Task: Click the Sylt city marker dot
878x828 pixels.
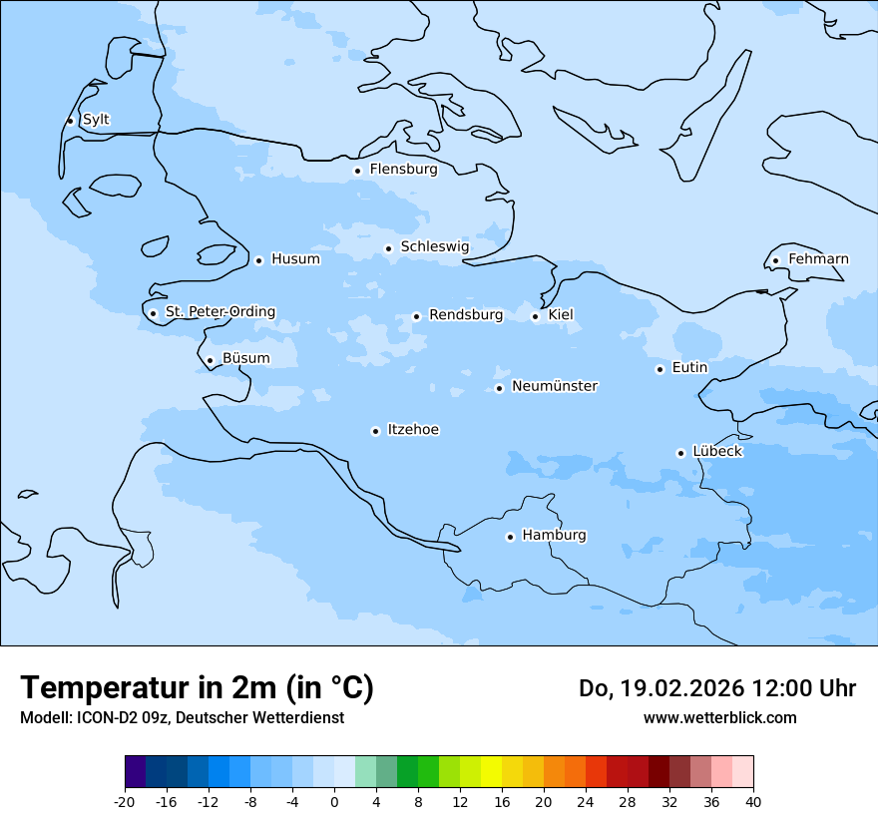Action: coord(70,121)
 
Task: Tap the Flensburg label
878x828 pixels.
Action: coord(403,170)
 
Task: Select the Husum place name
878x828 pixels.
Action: coord(295,259)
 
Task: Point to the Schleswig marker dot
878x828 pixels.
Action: coord(388,248)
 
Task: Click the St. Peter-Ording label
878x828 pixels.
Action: coord(219,312)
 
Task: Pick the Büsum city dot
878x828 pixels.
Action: coord(210,361)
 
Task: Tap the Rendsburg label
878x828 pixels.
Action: coord(466,315)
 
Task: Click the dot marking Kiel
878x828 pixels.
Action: coord(535,317)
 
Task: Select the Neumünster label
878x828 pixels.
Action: coord(555,386)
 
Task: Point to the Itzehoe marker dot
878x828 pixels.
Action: coord(375,431)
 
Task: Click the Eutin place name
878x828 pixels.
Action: coord(689,368)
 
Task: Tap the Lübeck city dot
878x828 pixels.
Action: coord(680,453)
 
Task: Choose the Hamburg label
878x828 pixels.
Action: coord(554,535)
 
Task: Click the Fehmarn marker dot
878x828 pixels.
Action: coord(775,261)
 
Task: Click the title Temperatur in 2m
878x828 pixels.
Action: coord(197,688)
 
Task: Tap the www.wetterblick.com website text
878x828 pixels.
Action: coord(719,718)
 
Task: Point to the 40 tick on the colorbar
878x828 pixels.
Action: coord(753,801)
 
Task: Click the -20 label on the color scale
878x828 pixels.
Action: coord(125,801)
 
